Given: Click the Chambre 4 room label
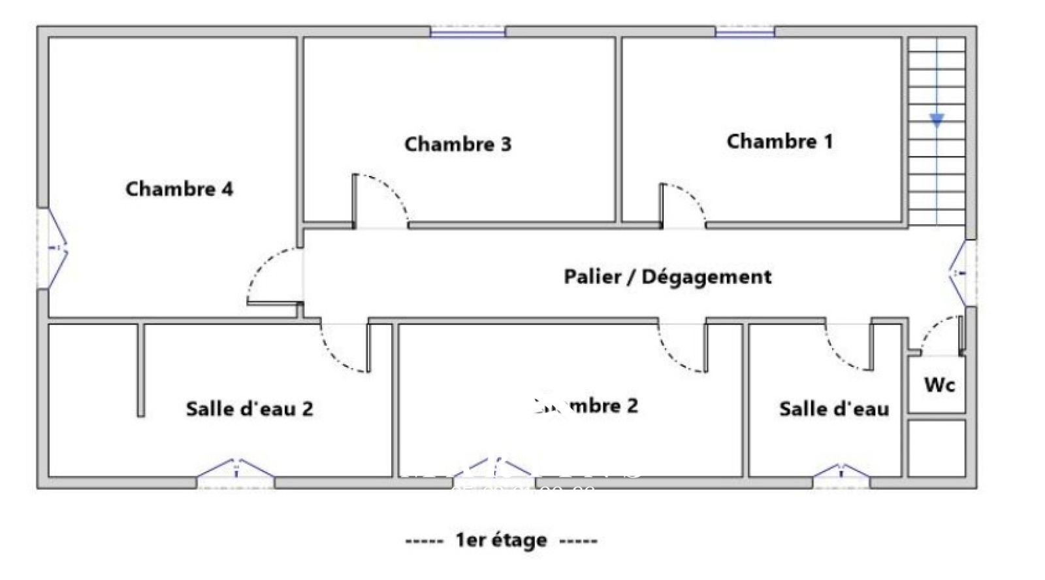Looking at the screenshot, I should [179, 189].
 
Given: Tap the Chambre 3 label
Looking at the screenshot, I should [457, 144].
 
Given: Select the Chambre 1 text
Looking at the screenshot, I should [779, 141].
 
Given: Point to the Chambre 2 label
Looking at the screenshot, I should [586, 405].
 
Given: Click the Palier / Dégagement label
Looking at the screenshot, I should [667, 277].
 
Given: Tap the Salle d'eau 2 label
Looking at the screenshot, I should [249, 409].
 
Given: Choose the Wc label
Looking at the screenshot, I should [939, 385].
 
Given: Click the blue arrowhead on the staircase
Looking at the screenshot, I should [937, 120].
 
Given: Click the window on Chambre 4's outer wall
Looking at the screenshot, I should [52, 248].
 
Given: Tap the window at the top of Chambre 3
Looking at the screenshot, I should [468, 31].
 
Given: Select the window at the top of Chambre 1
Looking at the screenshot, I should [745, 31].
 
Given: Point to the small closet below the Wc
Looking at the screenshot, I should [937, 448].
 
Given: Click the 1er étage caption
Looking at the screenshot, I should [501, 541].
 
